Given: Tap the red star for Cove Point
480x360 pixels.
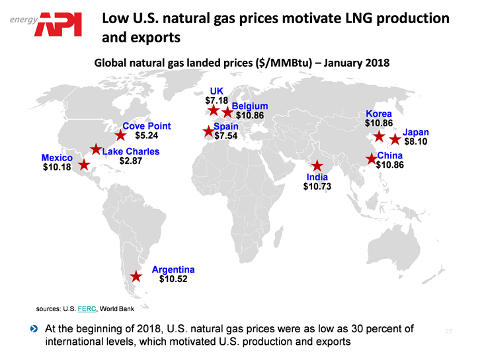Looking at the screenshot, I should click(120, 135).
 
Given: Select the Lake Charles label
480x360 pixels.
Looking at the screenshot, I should click(131, 151).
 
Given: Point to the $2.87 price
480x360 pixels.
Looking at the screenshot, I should click(130, 161).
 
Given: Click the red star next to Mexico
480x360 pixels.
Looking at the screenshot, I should click(84, 164).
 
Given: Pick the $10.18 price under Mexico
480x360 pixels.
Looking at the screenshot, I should click(56, 168).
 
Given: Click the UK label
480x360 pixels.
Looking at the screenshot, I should click(217, 91).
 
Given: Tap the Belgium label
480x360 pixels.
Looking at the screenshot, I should click(249, 106).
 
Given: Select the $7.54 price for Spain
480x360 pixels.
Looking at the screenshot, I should click(225, 136).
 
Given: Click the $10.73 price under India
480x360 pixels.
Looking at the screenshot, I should click(317, 187).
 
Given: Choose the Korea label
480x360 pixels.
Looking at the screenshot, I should click(378, 114).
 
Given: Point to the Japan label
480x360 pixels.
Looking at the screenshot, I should click(415, 132).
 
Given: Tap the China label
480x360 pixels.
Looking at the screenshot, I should click(389, 155).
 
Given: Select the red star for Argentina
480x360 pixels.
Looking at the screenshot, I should click(136, 277).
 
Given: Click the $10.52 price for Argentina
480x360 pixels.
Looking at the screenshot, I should click(173, 279).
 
